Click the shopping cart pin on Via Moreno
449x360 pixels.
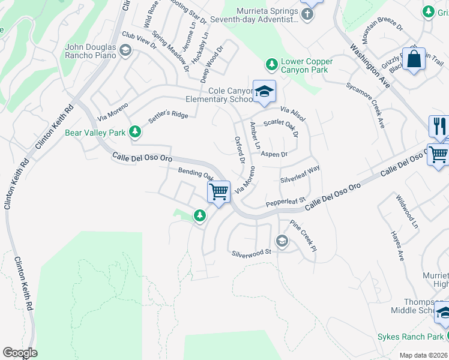tap(219, 192)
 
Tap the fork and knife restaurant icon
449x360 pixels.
tap(439, 127)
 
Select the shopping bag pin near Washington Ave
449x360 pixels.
tap(414, 59)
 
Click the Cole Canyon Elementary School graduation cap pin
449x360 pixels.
tap(264, 92)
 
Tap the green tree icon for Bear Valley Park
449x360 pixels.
tap(135, 131)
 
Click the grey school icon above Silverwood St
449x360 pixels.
tap(281, 241)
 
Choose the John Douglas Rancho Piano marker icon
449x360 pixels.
tap(125, 50)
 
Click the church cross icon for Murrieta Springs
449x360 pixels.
tap(307, 14)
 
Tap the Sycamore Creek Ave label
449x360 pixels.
tap(373, 106)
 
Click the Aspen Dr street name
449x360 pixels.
tap(275, 154)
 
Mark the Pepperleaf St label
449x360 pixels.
tap(286, 199)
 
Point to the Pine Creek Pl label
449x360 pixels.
tap(303, 235)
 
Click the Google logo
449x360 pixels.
tap(20, 353)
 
